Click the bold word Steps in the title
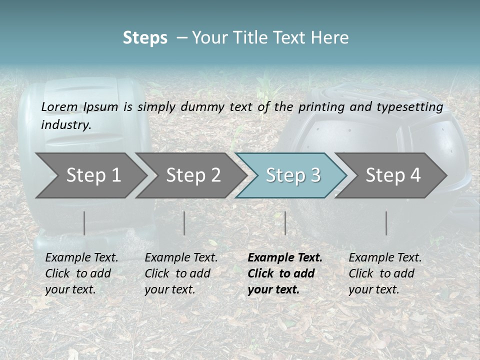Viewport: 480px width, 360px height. pos(145,38)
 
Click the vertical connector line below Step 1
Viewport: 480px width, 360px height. pos(84,223)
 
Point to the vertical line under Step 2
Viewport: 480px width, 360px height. pos(184,223)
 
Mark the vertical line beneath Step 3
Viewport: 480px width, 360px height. pos(285,223)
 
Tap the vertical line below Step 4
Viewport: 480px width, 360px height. pos(386,223)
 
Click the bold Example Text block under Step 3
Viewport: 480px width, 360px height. pos(285,273)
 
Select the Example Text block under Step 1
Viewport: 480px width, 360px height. pos(81,273)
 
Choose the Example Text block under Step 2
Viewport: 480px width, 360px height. pos(181,273)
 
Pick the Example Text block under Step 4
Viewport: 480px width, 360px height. pos(385,273)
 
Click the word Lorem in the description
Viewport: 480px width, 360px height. pos(59,106)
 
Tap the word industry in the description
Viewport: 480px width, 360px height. pos(66,124)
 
